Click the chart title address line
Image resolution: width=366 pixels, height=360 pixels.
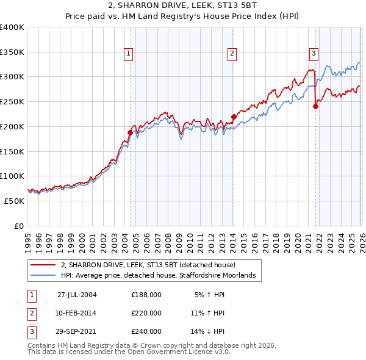[x=182, y=6]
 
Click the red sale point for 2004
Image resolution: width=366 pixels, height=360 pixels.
[x=130, y=132]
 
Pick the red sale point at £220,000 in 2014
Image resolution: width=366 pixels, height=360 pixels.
[x=234, y=116]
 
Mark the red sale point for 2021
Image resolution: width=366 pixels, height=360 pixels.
[x=316, y=106]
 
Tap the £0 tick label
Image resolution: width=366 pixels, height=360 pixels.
[x=20, y=226]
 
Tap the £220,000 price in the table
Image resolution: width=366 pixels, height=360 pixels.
[x=146, y=313]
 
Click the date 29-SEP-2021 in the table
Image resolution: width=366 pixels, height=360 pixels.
[x=77, y=331]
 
